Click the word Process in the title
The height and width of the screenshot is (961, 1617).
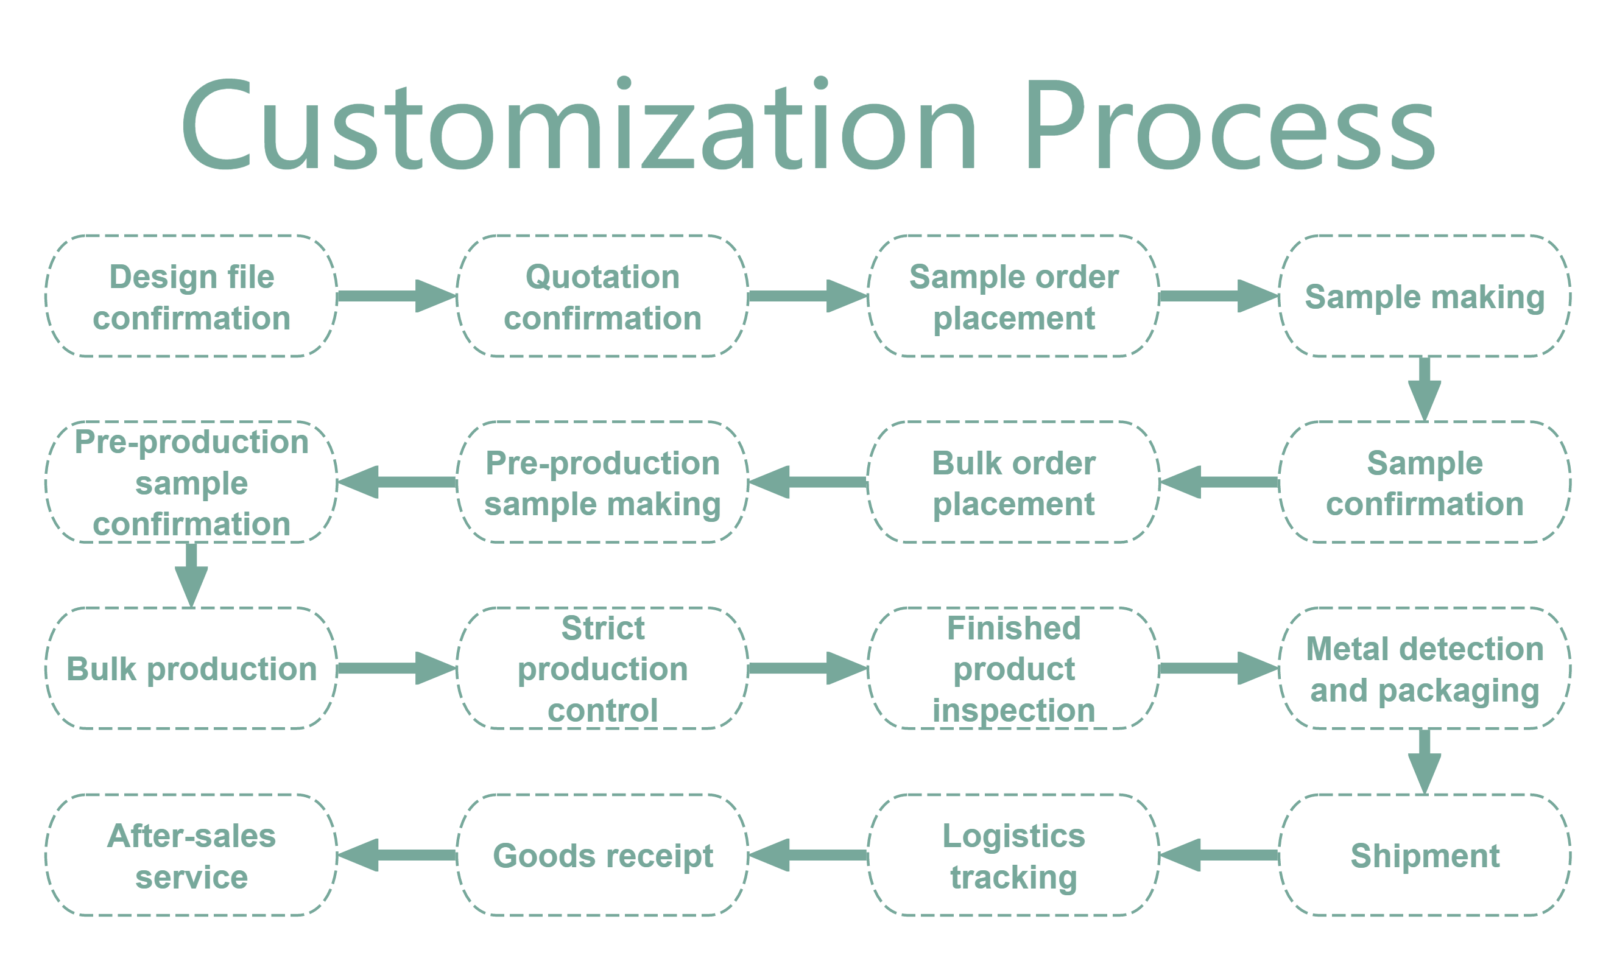[1230, 124]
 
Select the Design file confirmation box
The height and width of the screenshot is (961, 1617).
[191, 296]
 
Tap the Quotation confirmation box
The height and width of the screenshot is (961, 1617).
[602, 296]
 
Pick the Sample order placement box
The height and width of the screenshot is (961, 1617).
[1013, 296]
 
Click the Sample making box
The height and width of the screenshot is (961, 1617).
[1425, 296]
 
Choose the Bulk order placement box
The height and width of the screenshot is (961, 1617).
[1013, 482]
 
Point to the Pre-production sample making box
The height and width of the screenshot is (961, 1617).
[602, 482]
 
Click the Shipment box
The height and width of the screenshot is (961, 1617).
[1425, 856]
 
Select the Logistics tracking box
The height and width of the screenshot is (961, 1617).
[1013, 856]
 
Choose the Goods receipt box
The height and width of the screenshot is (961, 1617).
[602, 856]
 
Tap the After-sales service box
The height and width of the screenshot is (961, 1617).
[191, 856]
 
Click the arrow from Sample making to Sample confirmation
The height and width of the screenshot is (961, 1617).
[1425, 389]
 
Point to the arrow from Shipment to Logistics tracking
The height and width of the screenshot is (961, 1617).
[1219, 856]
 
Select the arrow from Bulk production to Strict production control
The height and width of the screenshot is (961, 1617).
[397, 668]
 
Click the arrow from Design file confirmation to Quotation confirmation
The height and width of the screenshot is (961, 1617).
[397, 296]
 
